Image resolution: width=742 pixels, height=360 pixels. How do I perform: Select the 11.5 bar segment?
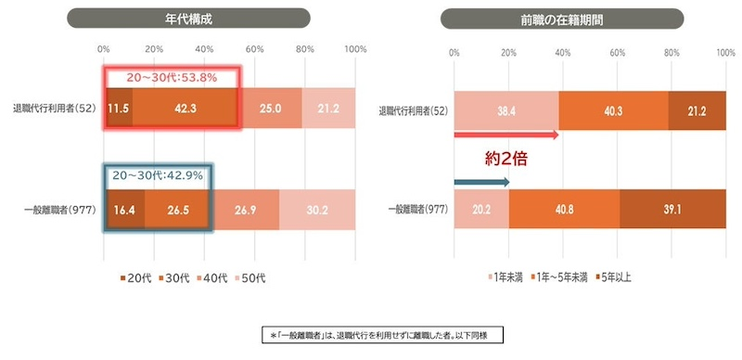(x=117, y=109)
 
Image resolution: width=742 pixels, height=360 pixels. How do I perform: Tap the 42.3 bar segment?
(x=185, y=109)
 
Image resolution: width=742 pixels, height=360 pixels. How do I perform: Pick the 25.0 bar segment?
(x=270, y=109)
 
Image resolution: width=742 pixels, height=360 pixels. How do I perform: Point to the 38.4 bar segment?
(x=505, y=110)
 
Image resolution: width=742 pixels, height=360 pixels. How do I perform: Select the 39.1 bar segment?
(x=672, y=209)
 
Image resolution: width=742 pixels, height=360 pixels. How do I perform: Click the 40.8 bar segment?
(x=564, y=209)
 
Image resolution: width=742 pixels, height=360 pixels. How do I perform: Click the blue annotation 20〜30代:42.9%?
(x=157, y=175)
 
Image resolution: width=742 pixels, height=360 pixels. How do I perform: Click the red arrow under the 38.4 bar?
(x=506, y=135)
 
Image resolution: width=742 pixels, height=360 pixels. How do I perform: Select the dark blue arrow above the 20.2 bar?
(x=481, y=182)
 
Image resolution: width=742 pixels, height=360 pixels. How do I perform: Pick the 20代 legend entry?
(x=134, y=276)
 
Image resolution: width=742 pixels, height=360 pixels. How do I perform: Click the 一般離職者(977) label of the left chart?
(x=54, y=208)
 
